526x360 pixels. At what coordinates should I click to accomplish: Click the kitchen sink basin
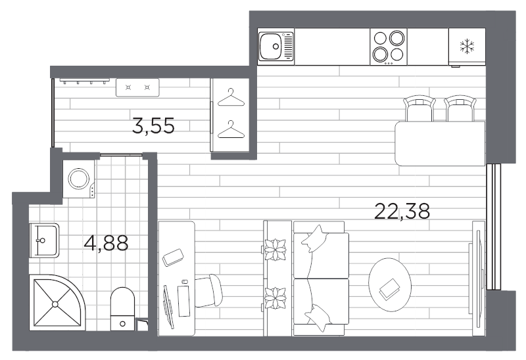point(271,46)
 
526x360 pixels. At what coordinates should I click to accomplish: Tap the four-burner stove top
point(388,46)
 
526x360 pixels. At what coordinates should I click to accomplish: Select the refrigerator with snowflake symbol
point(467,46)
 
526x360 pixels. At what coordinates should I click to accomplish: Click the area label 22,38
point(402,211)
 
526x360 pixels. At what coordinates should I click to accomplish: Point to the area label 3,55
point(153,125)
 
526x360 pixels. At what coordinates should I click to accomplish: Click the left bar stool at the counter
point(419,108)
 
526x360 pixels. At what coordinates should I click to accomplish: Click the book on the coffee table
point(391,286)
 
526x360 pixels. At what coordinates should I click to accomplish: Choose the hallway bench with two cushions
point(137,87)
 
